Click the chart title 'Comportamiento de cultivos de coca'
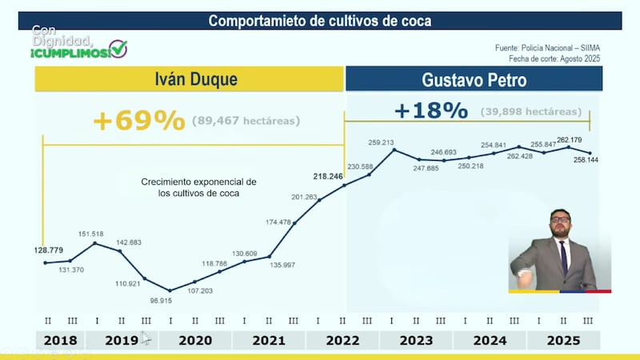[x=320, y=21]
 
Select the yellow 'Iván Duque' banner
[x=189, y=78]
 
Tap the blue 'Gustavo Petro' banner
[x=474, y=78]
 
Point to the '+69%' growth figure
[x=138, y=120]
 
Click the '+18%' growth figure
[x=431, y=110]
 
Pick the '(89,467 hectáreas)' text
[x=246, y=121]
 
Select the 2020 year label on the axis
[x=195, y=340]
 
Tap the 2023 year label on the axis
[x=416, y=340]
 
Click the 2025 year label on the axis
[x=563, y=340]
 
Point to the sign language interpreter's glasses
[x=560, y=219]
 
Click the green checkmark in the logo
[x=118, y=49]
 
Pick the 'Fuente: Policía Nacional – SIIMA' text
[x=548, y=48]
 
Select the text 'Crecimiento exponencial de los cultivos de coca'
[x=198, y=187]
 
